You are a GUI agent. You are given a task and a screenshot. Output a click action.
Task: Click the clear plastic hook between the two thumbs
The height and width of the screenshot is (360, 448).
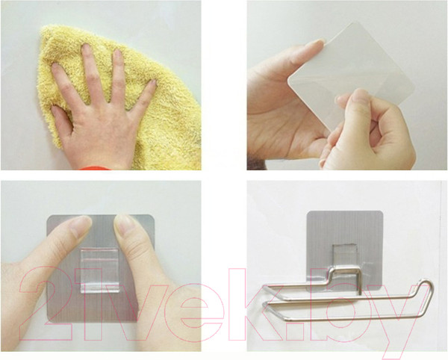(99, 270)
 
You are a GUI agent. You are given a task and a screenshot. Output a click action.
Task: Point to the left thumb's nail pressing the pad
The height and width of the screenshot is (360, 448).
(81, 225)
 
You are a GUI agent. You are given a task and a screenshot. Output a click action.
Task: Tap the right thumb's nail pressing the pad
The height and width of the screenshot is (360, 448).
(124, 223)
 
